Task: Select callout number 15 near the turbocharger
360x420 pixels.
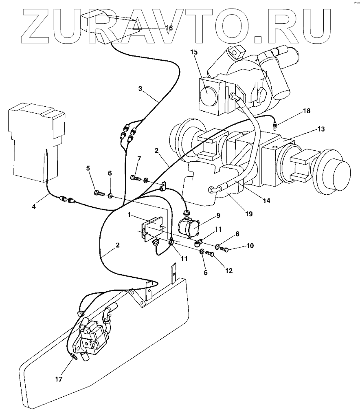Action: click(194, 52)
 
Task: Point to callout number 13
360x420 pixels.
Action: click(321, 129)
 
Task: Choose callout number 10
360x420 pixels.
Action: click(249, 246)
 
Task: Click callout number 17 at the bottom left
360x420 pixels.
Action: click(59, 379)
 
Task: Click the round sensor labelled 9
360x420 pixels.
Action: click(188, 226)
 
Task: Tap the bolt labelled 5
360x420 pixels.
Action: click(98, 192)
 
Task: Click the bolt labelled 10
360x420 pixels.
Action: click(224, 249)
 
